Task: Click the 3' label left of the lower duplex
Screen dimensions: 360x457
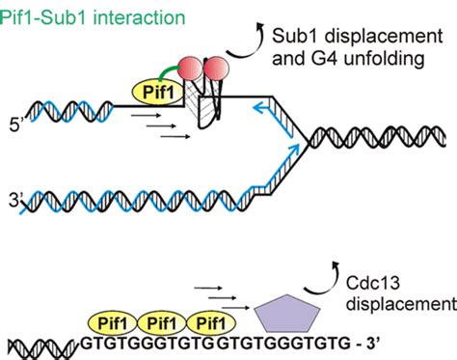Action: (13, 200)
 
